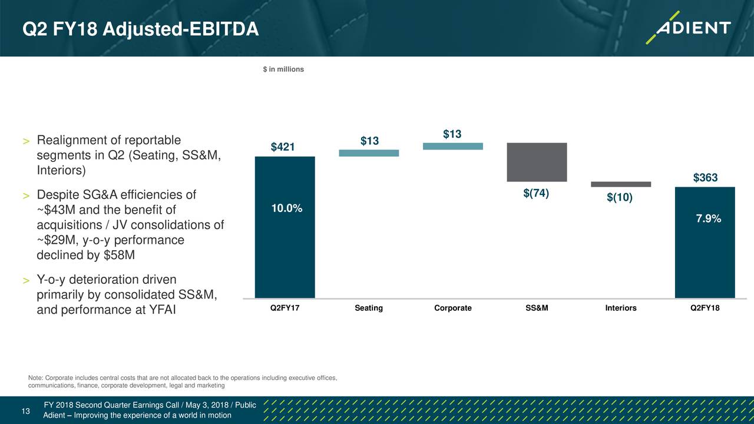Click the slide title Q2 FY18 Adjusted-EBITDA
point(140,28)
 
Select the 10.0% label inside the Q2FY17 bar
point(287,209)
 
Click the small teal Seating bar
point(369,153)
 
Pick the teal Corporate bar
point(452,146)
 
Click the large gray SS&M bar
point(536,162)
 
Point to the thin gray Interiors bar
point(620,184)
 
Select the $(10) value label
point(620,198)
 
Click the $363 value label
point(705,178)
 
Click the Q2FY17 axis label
point(285,308)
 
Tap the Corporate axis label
point(452,308)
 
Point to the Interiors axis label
point(620,308)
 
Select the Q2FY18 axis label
point(705,308)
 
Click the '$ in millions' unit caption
point(283,69)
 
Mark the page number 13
point(25,411)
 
